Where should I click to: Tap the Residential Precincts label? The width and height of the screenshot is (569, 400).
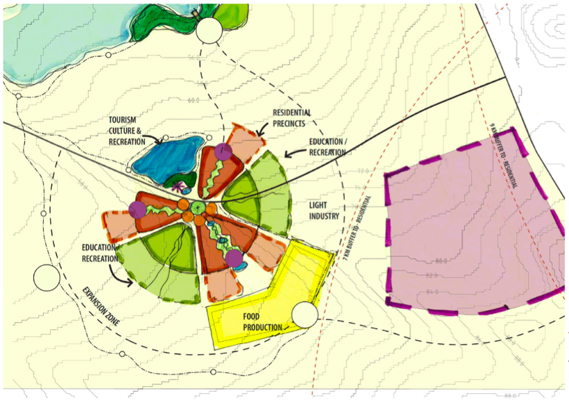291,118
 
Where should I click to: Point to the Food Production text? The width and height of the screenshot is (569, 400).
262,322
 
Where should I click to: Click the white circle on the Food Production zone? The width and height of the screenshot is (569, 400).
305,315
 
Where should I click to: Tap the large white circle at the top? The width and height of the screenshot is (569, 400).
209,31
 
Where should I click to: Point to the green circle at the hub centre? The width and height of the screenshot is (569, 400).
198,207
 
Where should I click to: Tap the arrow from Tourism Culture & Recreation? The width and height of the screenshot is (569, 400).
155,141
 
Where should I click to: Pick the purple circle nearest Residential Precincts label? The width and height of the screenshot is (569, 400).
223,151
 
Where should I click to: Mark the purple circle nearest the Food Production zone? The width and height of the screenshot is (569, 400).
234,259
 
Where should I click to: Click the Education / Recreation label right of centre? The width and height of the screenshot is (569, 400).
327,147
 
